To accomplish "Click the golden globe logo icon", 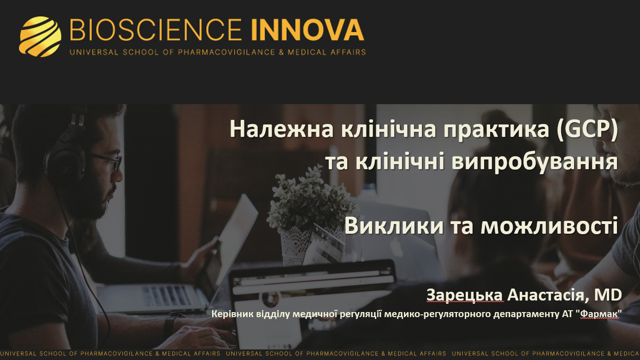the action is click(x=40, y=36).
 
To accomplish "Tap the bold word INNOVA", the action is click(x=308, y=30).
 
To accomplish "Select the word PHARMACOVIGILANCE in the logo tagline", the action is click(x=226, y=52).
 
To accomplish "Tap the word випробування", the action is click(x=534, y=163).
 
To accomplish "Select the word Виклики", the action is click(x=394, y=226).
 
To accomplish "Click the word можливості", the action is click(x=549, y=226).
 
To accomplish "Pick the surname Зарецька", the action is click(x=465, y=295).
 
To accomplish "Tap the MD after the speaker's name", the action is click(x=608, y=295).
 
